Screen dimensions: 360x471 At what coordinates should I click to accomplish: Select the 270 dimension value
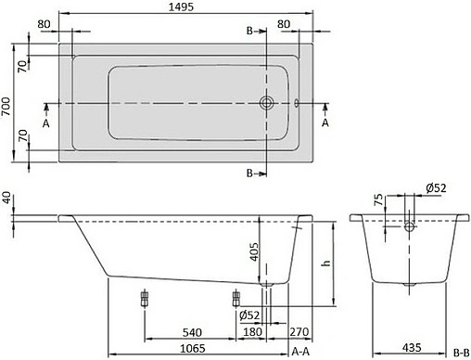point(298,330)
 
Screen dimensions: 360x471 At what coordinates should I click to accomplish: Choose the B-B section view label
point(460,352)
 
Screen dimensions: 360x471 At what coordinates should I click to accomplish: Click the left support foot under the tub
point(144,300)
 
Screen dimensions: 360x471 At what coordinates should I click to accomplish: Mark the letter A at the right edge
point(325,122)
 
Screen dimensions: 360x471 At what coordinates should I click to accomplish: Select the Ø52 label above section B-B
point(437,189)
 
